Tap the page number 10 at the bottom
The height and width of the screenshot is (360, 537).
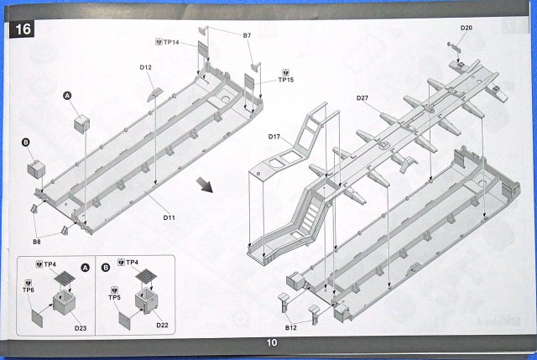pyautogui.click(x=271, y=342)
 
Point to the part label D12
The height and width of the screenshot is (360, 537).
pyautogui.click(x=145, y=67)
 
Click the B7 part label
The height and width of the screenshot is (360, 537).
pyautogui.click(x=248, y=35)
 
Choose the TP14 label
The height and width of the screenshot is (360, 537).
pyautogui.click(x=171, y=41)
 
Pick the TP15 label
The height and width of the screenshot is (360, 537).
pyautogui.click(x=287, y=80)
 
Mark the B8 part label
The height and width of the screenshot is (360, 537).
pyautogui.click(x=37, y=242)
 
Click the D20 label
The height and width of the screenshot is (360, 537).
pyautogui.click(x=467, y=28)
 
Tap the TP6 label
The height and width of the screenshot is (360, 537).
pyautogui.click(x=29, y=290)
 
